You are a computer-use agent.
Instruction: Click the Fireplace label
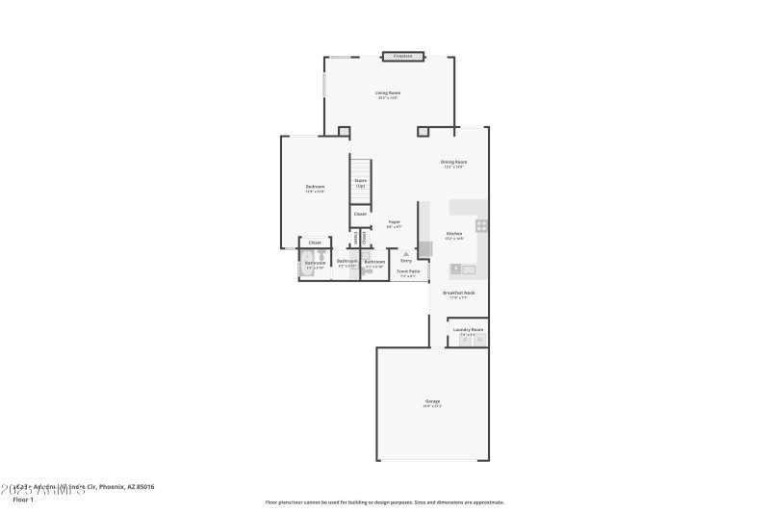(402, 56)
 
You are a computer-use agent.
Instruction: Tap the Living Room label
(388, 92)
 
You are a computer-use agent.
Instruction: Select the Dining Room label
(454, 162)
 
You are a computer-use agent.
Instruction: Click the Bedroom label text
(315, 186)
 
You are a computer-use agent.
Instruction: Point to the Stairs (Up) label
(360, 182)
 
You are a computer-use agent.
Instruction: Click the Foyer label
(394, 222)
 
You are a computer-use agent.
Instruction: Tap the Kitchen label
(454, 233)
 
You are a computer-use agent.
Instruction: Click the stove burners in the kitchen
(481, 226)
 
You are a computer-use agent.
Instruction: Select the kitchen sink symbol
(456, 269)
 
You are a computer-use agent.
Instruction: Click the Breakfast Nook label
(458, 293)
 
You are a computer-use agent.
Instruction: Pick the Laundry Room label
(468, 329)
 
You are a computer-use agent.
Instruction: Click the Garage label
(432, 400)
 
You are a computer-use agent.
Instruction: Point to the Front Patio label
(408, 271)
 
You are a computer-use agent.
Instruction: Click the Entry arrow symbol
(406, 254)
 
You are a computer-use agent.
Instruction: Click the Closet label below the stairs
(360, 214)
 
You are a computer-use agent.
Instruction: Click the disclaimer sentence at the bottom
(384, 501)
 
